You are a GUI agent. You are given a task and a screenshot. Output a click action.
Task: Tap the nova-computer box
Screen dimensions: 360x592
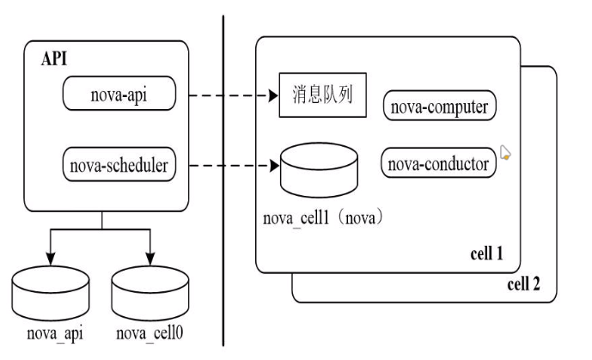pos(439,107)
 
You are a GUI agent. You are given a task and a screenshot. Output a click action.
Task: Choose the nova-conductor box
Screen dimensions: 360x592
pos(439,162)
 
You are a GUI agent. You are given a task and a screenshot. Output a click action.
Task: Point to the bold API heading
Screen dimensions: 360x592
pos(54,59)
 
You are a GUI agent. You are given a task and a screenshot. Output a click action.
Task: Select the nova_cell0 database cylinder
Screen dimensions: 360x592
pos(150,292)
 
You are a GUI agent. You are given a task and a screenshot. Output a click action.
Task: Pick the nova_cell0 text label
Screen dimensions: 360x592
pos(150,333)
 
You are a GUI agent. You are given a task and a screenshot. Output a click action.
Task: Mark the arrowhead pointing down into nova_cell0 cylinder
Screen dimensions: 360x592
pos(150,261)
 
